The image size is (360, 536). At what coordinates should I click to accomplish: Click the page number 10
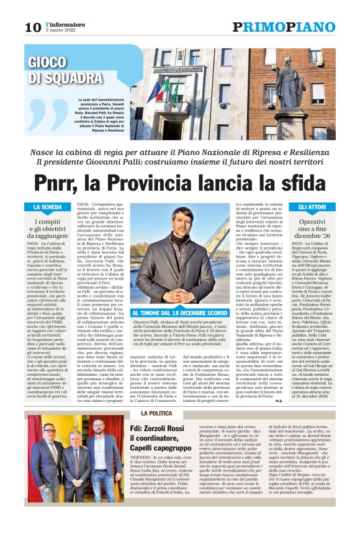(32, 27)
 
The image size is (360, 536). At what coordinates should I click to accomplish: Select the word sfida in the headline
(295, 183)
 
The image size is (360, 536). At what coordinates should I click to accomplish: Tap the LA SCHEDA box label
(47, 207)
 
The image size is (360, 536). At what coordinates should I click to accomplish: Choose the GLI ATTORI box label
(312, 207)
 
